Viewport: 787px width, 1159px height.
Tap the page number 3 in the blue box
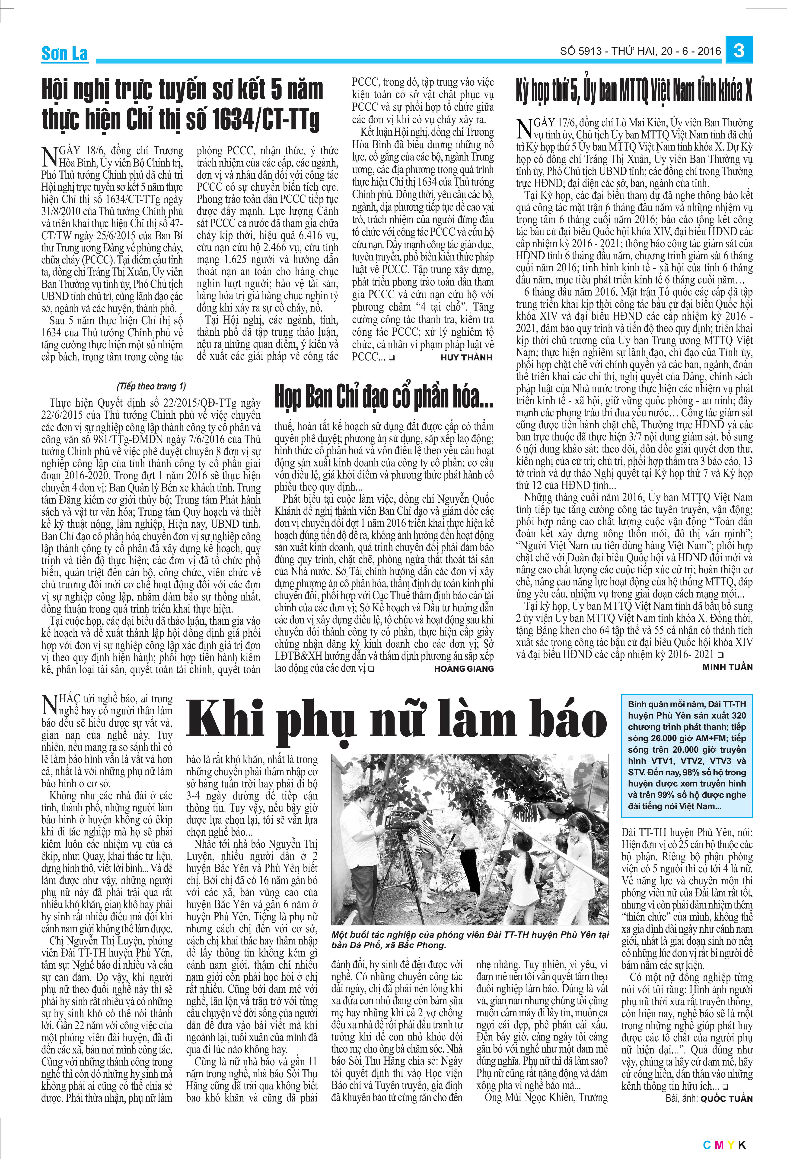(739, 50)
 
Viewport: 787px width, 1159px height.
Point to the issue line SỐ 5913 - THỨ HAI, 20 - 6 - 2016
(640, 51)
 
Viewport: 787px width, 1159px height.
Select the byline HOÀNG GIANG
(464, 668)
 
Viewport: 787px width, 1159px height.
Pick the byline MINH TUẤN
(727, 667)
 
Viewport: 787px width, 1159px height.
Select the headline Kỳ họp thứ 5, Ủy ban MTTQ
(634, 92)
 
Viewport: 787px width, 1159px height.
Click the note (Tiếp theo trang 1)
(151, 386)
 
